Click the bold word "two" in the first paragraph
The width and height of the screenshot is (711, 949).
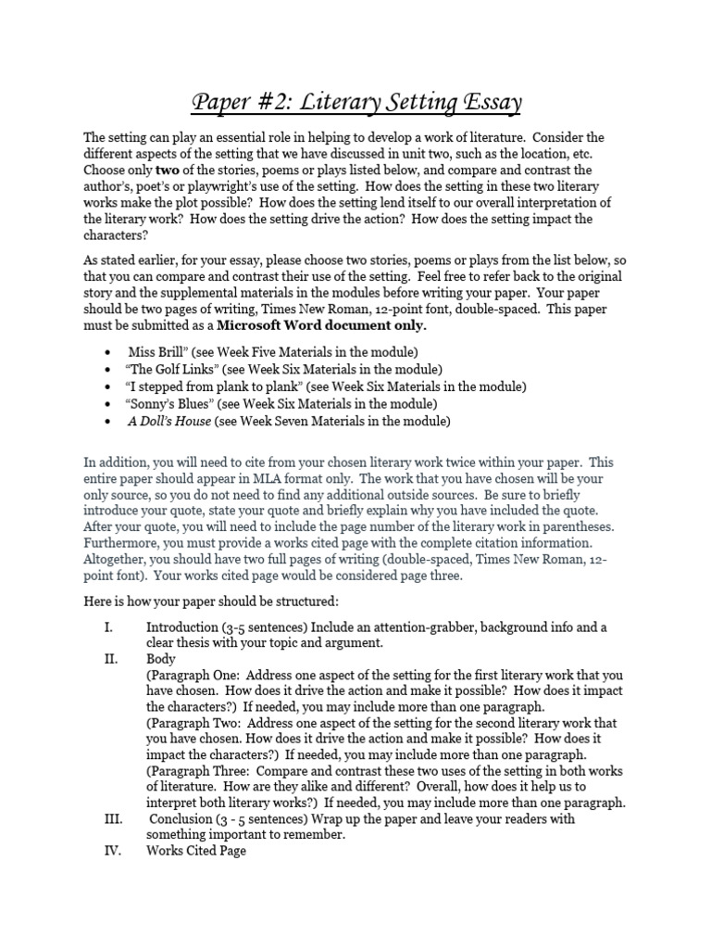(x=167, y=171)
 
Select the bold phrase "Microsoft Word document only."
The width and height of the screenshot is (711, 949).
(x=322, y=325)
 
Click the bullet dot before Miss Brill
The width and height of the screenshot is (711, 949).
(x=109, y=354)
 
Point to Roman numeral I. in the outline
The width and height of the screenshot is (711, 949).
(x=108, y=627)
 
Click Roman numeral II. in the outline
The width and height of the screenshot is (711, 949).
(x=110, y=659)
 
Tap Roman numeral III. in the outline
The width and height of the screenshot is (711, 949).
(x=112, y=818)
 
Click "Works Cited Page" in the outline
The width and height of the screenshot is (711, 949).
(x=195, y=851)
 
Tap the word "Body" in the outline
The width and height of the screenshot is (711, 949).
(x=160, y=659)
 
